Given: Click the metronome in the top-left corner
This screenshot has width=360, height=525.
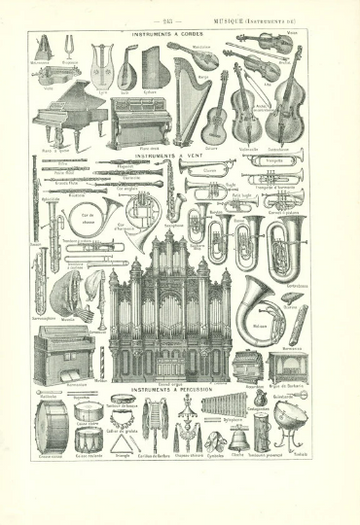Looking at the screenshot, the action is tap(43, 48).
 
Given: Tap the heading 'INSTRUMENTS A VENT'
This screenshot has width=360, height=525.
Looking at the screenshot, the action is tap(167, 156).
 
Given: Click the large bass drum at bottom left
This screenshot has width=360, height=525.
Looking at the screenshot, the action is tap(49, 427).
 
